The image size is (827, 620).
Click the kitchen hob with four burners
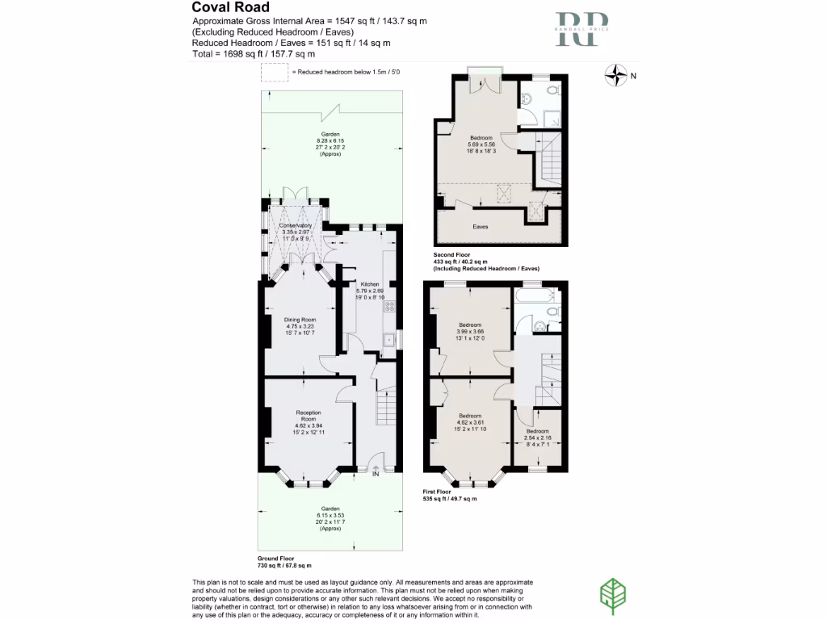tap(388, 306)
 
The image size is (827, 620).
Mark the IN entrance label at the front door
tap(376, 474)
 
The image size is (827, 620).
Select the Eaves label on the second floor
tap(480, 228)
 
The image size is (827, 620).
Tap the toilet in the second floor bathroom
tap(552, 92)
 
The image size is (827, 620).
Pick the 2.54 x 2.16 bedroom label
tap(538, 437)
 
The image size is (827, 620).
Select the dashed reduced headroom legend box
tap(273, 73)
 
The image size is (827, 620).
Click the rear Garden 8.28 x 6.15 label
tap(330, 144)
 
